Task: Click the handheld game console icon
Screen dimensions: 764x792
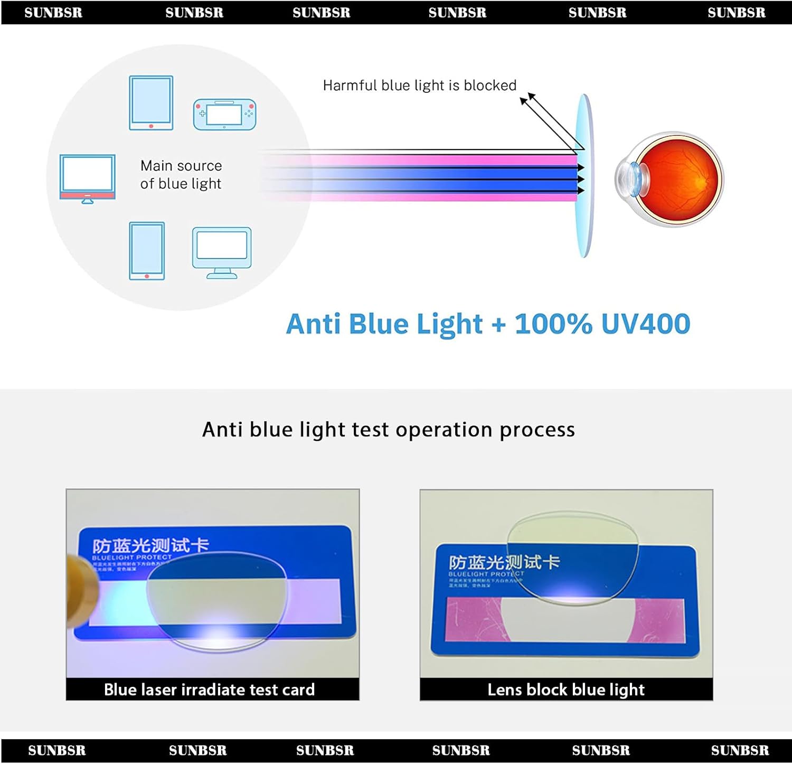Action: [224, 114]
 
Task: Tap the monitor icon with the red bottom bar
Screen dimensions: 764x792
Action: [88, 178]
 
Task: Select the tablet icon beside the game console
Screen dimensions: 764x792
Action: [151, 102]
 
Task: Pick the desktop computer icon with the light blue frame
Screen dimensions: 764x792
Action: [222, 252]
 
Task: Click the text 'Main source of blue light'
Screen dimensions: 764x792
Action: [181, 175]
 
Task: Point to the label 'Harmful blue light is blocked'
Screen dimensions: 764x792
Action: [419, 86]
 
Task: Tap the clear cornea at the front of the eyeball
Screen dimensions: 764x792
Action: [626, 178]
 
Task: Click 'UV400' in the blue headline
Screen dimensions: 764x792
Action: [645, 324]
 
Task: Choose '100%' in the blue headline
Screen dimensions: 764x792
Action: [553, 324]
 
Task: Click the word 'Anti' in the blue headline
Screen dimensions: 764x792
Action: [313, 324]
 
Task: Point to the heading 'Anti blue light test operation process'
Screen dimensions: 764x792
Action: [389, 429]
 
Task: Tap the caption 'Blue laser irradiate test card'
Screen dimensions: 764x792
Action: [209, 690]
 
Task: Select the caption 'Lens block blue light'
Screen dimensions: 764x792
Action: [566, 690]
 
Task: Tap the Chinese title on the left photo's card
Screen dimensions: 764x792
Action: [150, 545]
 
